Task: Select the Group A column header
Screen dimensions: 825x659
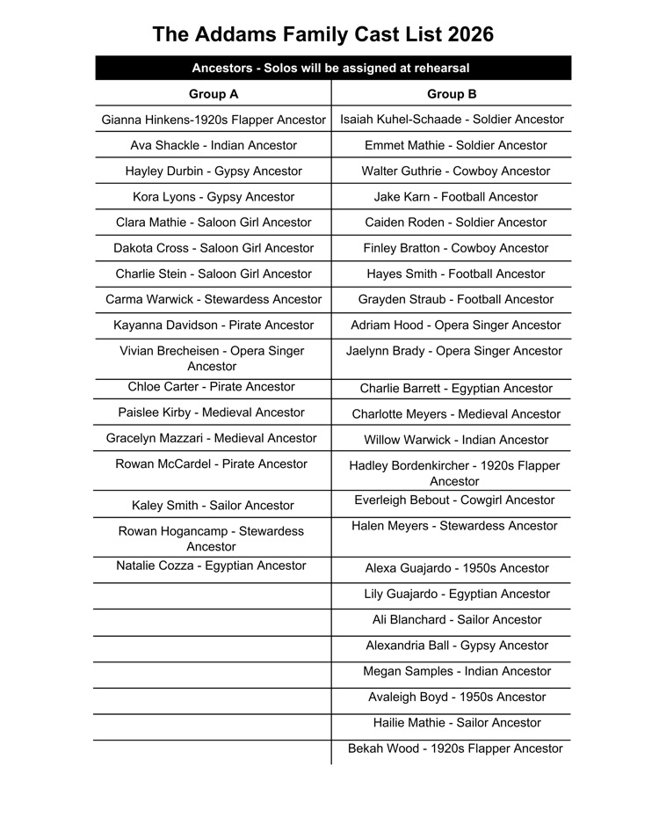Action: (x=214, y=94)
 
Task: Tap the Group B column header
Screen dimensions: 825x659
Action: (x=452, y=94)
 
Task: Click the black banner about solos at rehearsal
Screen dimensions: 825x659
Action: (x=330, y=68)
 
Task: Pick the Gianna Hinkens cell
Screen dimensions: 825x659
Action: (x=214, y=120)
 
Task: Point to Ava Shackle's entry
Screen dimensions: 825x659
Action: (x=214, y=145)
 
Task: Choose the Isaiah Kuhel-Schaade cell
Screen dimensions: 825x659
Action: (x=452, y=120)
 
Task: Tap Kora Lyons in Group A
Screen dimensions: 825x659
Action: (x=214, y=197)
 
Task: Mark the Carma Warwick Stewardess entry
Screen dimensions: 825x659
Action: (x=214, y=300)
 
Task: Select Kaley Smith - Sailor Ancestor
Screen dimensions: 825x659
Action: (x=213, y=506)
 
